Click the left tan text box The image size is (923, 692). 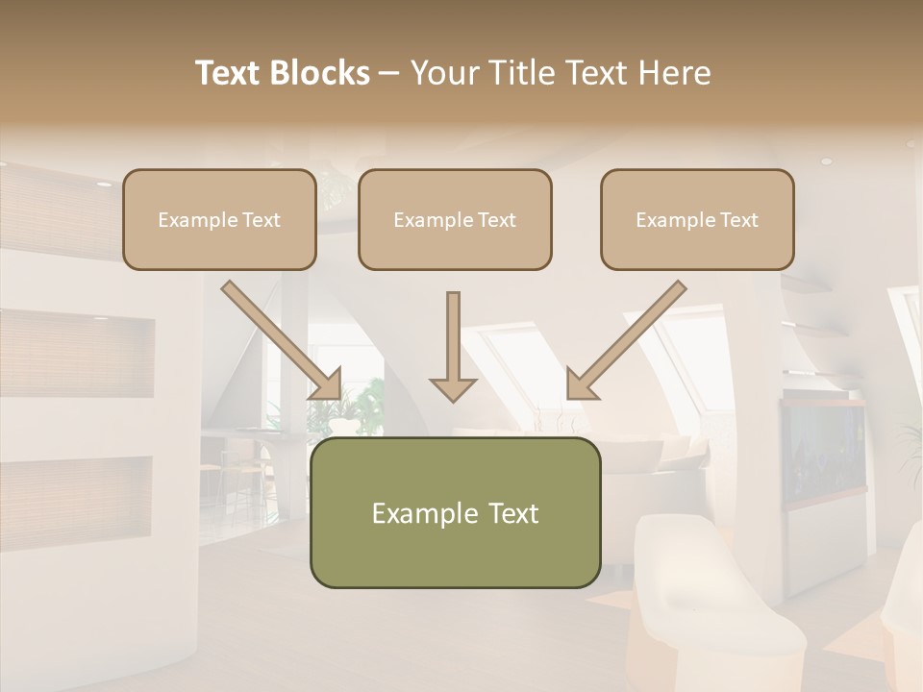(x=219, y=219)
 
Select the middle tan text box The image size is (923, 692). (x=455, y=219)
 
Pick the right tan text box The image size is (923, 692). (x=697, y=219)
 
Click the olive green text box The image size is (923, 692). (x=455, y=512)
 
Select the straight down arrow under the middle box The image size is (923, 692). (x=453, y=346)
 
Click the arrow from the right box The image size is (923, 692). (x=626, y=341)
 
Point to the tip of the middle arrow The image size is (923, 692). (x=453, y=398)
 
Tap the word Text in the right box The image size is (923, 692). (x=738, y=220)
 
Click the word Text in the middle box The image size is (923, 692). (x=496, y=220)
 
